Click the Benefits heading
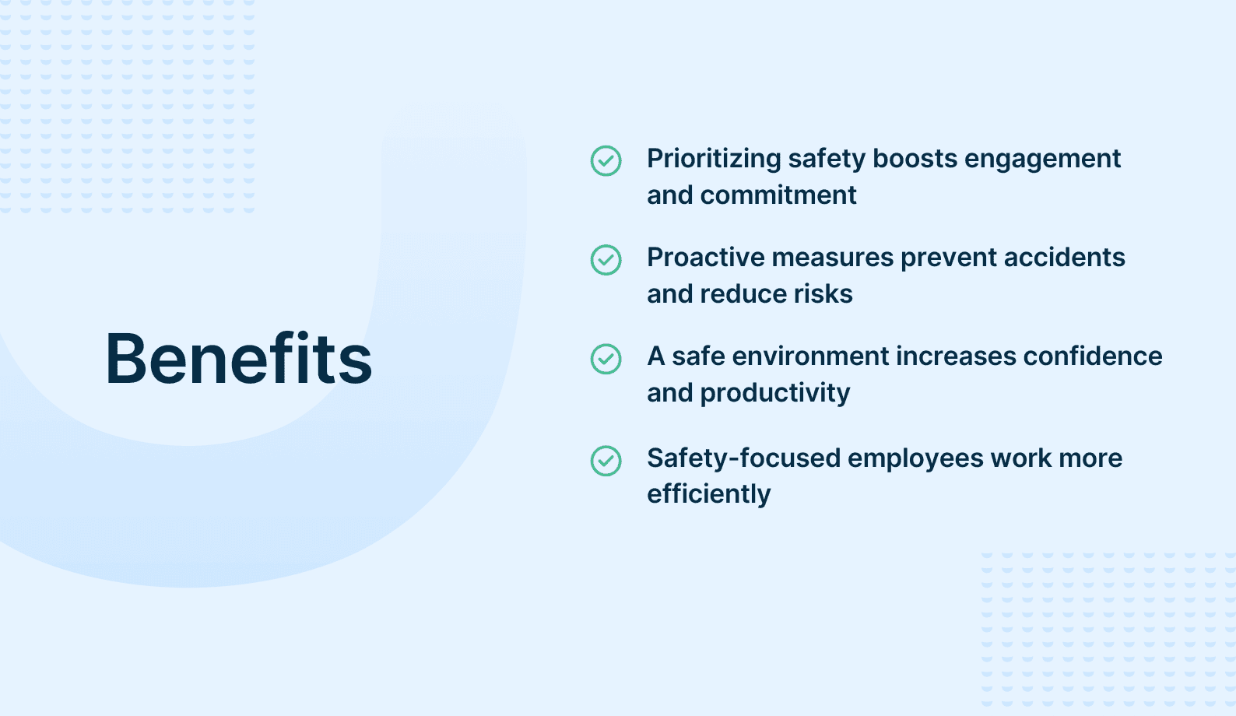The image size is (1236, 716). point(238,358)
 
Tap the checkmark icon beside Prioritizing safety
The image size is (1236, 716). point(606,161)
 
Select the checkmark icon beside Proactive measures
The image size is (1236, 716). point(606,260)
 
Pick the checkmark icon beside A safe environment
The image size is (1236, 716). point(606,359)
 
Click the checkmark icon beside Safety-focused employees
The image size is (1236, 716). point(606,461)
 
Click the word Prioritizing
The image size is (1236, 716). point(714,160)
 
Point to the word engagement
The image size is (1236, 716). point(1042,160)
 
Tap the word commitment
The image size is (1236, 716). point(778,195)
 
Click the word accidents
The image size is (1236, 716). point(1064,258)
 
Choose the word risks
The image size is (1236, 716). point(823,294)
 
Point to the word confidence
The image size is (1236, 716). point(1093,356)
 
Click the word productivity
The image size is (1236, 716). point(775,394)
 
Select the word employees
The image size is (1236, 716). point(915,460)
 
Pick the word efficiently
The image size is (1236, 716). point(708,494)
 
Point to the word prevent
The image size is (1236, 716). point(949,259)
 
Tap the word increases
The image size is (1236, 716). point(956,356)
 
